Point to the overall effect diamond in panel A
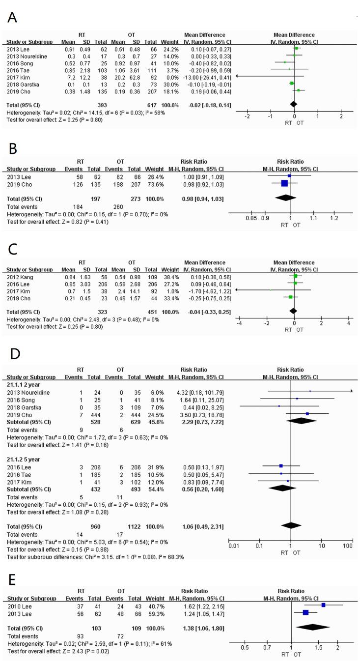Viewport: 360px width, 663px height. click(293, 104)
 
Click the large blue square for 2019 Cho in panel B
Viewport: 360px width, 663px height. click(284, 183)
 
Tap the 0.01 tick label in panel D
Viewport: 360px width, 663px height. click(234, 545)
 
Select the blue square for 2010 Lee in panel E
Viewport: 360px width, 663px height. click(323, 605)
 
